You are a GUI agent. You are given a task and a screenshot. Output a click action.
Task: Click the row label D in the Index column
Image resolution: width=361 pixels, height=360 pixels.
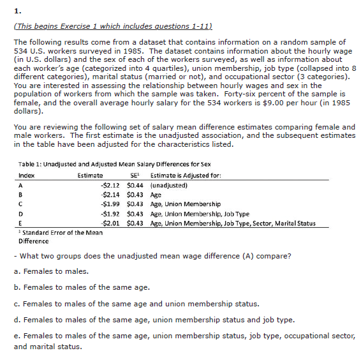click(x=21, y=213)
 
